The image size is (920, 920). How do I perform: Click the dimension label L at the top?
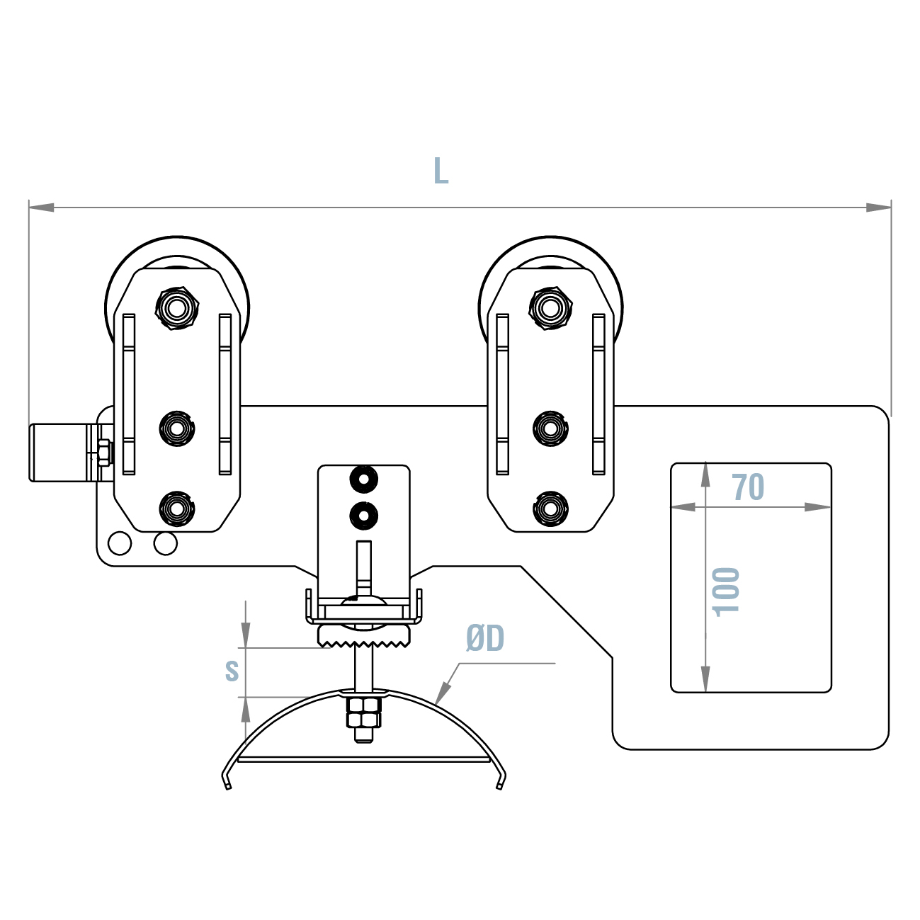coord(441,171)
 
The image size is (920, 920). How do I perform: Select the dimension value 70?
coord(748,487)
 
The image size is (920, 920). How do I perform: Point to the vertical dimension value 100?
coord(727,591)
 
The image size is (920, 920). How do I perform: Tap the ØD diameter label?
coord(485,639)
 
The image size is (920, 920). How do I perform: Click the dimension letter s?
coord(232,670)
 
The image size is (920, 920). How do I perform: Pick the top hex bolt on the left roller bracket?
coord(176,307)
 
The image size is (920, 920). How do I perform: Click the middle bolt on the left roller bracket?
coord(176,428)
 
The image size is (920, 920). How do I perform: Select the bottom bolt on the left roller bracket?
coord(176,508)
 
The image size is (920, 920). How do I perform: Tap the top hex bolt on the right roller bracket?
coord(550,307)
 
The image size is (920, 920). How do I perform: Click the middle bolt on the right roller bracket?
coord(550,428)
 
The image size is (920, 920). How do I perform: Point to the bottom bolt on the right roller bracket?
coord(550,508)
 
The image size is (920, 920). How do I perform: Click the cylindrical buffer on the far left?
coord(60,453)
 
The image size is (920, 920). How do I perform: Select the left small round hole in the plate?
coord(120,543)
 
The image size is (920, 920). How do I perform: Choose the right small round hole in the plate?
coord(165,543)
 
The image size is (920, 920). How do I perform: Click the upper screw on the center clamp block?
coord(363,480)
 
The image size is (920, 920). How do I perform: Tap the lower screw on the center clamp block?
coord(363,515)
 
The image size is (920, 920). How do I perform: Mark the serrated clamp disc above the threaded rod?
coord(364,635)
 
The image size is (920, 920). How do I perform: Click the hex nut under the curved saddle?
coord(364,712)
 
